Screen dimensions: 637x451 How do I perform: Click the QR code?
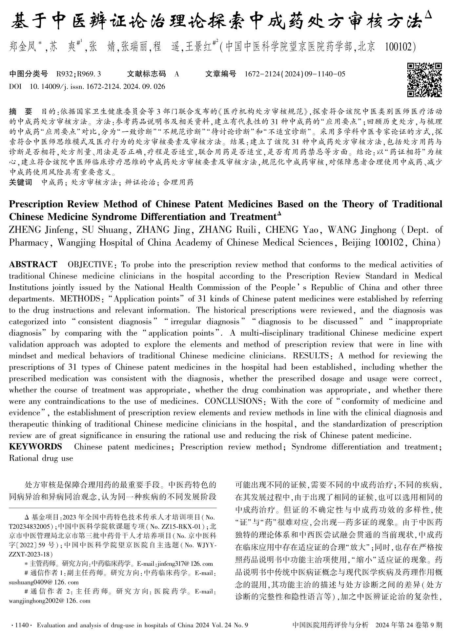425,80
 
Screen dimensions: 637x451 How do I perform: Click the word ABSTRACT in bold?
33,264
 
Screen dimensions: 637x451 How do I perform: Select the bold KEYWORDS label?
35,447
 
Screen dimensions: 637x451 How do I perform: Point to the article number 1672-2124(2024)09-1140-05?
295,74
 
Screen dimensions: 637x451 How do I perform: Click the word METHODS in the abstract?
80,299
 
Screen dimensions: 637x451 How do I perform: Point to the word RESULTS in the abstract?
310,356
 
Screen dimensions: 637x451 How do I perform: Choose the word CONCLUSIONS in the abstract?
233,401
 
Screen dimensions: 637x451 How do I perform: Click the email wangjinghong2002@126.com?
49,601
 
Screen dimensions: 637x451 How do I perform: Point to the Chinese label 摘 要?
21,111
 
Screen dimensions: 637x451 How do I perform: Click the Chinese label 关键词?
20,182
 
